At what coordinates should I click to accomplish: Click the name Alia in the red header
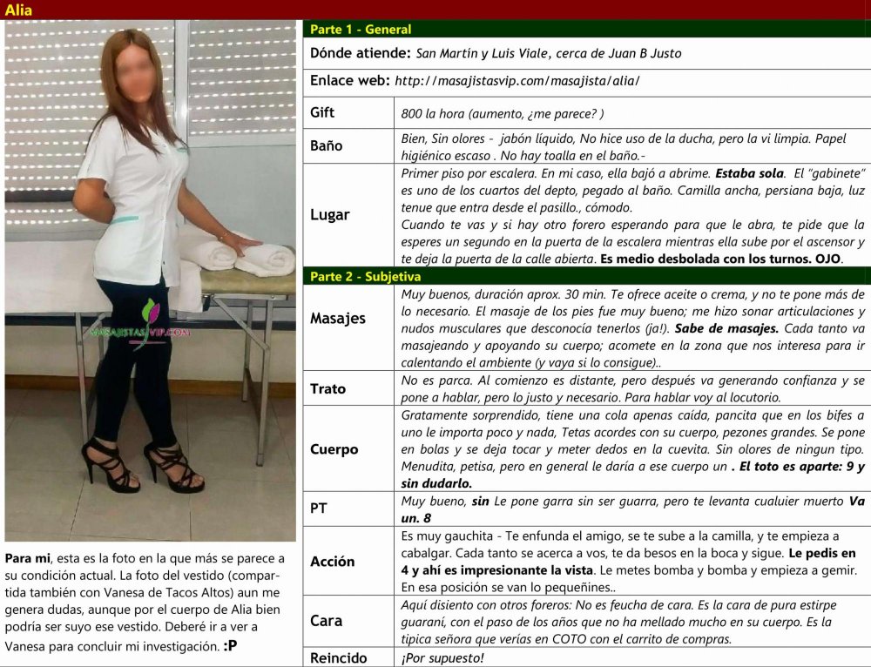(x=19, y=10)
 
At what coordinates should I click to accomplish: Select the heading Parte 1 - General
(x=361, y=29)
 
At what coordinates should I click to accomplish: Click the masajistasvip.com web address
(x=517, y=81)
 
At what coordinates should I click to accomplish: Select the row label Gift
(x=322, y=112)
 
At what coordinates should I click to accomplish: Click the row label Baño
(x=327, y=145)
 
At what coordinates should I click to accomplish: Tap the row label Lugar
(x=330, y=214)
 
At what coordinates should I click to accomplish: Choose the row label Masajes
(x=338, y=319)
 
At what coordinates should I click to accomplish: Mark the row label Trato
(x=327, y=388)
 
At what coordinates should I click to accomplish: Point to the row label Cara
(x=326, y=621)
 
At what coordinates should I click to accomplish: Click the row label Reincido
(x=339, y=658)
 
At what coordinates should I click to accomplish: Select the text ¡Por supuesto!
(x=442, y=658)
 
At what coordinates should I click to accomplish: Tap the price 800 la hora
(x=438, y=113)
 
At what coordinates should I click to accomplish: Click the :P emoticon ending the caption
(x=231, y=646)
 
